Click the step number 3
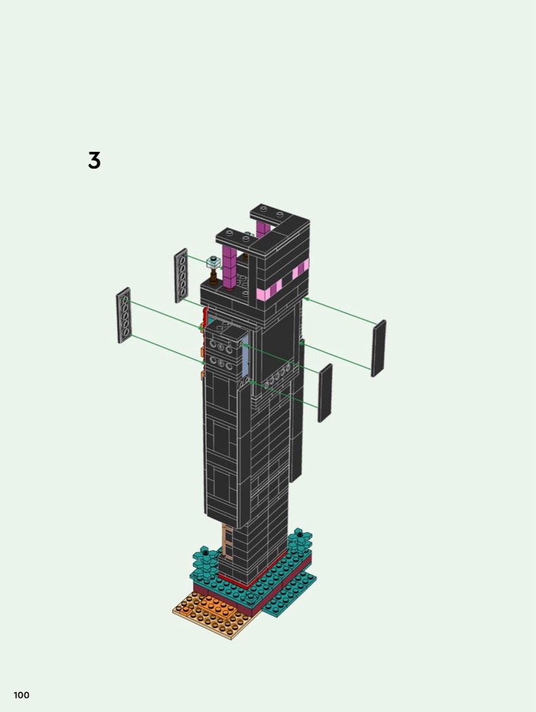[x=94, y=161]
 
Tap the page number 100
[x=21, y=695]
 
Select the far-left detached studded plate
[x=123, y=315]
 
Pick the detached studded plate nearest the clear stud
[x=181, y=275]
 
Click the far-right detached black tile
[x=379, y=349]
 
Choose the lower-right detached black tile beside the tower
[x=325, y=393]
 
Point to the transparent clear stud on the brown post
[x=213, y=261]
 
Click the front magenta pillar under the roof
[x=229, y=268]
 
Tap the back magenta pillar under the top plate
[x=262, y=230]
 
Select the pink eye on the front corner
[x=269, y=290]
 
